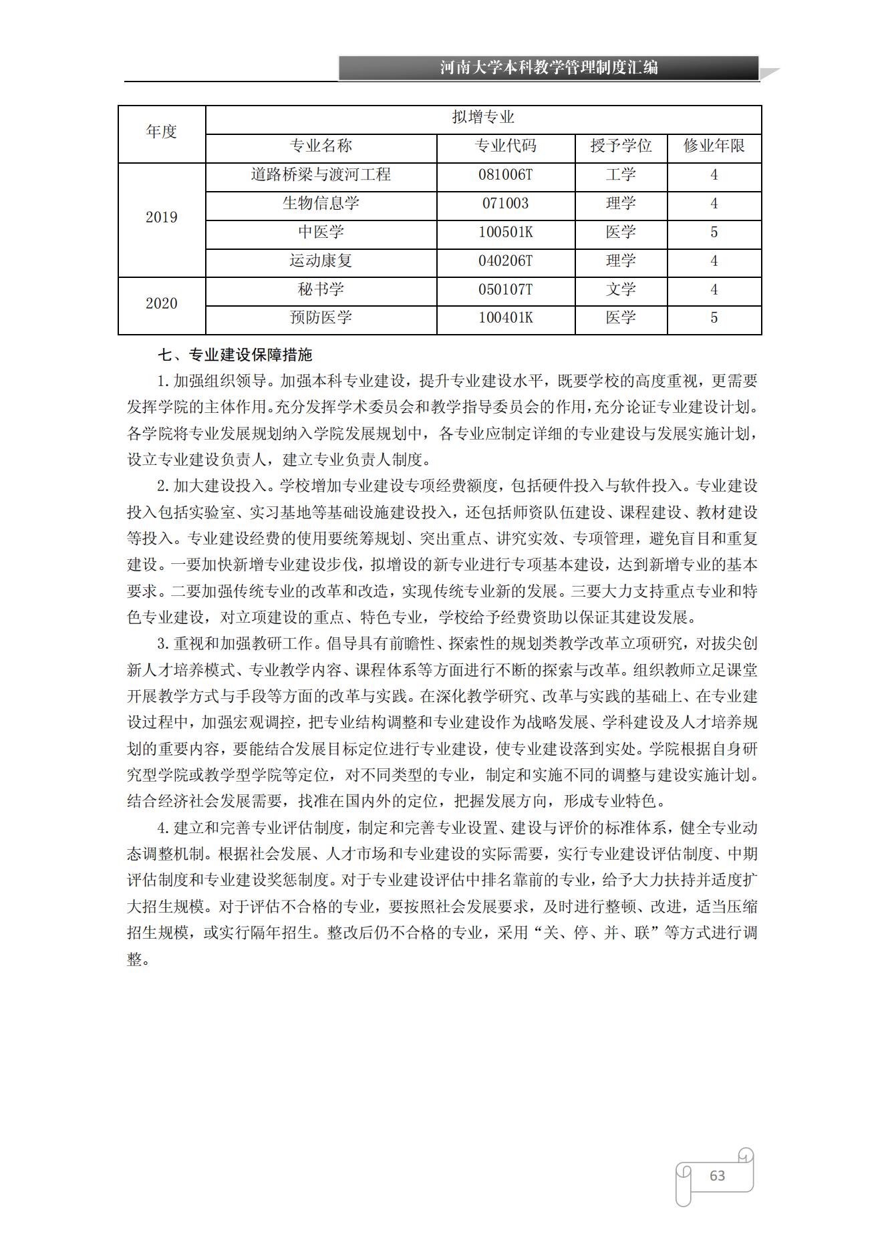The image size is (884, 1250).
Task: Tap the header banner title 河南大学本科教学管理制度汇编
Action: coord(549,68)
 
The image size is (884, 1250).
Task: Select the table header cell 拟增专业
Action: coord(483,118)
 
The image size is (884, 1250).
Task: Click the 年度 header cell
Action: coord(161,132)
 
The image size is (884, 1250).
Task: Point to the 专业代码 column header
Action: coord(505,146)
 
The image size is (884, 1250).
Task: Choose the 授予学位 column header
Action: coord(621,146)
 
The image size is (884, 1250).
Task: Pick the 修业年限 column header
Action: coord(714,146)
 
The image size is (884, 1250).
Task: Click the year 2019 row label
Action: coord(161,218)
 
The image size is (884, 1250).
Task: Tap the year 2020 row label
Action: coord(161,304)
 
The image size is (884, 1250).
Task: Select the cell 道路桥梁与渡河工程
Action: coord(321,175)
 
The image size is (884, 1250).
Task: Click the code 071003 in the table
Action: coord(505,204)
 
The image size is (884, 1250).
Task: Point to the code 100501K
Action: coord(505,232)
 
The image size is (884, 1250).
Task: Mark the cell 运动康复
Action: coord(321,261)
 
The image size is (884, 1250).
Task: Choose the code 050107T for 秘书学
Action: coord(505,290)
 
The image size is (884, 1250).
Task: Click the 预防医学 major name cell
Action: coord(321,318)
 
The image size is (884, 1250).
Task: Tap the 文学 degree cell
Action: coord(621,290)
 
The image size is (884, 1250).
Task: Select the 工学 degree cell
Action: coord(621,175)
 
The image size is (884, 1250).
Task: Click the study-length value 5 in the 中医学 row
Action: coord(714,232)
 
